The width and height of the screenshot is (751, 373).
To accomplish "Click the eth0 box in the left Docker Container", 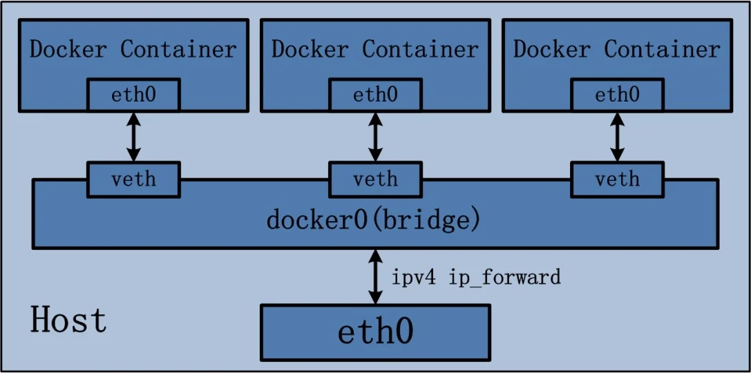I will (x=133, y=95).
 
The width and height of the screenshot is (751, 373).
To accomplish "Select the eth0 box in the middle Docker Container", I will (x=375, y=95).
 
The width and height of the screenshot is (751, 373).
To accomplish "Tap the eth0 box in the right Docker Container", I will (x=617, y=95).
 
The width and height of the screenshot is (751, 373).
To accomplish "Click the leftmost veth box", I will (x=133, y=180).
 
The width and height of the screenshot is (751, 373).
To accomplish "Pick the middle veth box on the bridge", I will (x=375, y=180).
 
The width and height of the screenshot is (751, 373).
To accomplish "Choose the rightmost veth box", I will (x=617, y=180).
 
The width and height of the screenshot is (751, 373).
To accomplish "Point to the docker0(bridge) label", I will (x=373, y=221).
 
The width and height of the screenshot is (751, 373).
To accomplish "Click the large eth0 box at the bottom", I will (x=375, y=332).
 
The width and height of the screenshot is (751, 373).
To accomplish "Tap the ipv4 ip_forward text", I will (x=477, y=278).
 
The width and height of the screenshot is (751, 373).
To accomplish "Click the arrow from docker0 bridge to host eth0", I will (x=375, y=276).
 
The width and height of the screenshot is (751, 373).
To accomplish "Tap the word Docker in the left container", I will (x=68, y=50).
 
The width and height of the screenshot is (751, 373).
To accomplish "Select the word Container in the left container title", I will (x=178, y=50).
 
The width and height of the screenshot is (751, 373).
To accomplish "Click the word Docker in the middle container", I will (x=310, y=50).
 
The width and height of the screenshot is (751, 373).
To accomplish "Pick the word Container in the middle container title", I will (x=420, y=50).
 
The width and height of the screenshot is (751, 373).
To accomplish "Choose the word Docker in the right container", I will (x=552, y=50).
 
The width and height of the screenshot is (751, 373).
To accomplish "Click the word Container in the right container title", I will (x=662, y=50).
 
